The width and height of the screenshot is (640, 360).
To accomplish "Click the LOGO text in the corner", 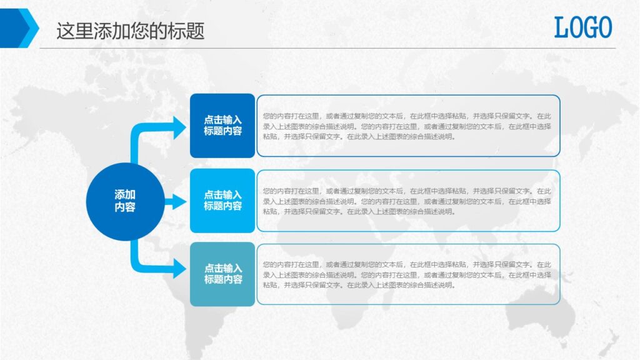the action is click(x=583, y=27).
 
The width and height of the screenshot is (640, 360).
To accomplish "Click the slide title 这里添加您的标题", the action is click(x=130, y=31).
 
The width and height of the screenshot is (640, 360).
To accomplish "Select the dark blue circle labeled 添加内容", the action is click(x=125, y=201).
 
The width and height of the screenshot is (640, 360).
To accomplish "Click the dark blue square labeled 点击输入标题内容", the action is click(x=222, y=125).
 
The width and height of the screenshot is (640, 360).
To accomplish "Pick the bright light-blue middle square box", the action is click(x=222, y=201).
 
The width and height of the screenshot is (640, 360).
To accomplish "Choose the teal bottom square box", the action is click(x=222, y=274).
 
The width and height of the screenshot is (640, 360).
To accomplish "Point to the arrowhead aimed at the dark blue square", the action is click(x=179, y=127).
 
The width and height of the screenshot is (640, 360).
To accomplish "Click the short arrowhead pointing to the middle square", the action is click(x=179, y=202).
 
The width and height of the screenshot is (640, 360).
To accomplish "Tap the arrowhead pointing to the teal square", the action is click(x=179, y=268).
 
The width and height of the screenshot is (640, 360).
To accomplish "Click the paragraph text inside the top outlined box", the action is click(x=407, y=126).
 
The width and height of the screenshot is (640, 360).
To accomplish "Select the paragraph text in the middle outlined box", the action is click(x=407, y=201).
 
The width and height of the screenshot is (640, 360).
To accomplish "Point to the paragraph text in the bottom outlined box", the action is click(x=407, y=275).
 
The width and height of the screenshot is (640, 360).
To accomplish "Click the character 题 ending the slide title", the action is click(x=195, y=31).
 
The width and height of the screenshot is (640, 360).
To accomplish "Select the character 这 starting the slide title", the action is click(x=66, y=31).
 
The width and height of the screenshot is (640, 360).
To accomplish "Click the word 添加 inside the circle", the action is click(x=125, y=195).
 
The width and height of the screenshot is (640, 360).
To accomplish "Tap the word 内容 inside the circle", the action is click(x=125, y=207).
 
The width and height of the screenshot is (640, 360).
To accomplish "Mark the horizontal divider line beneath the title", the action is click(x=327, y=48).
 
